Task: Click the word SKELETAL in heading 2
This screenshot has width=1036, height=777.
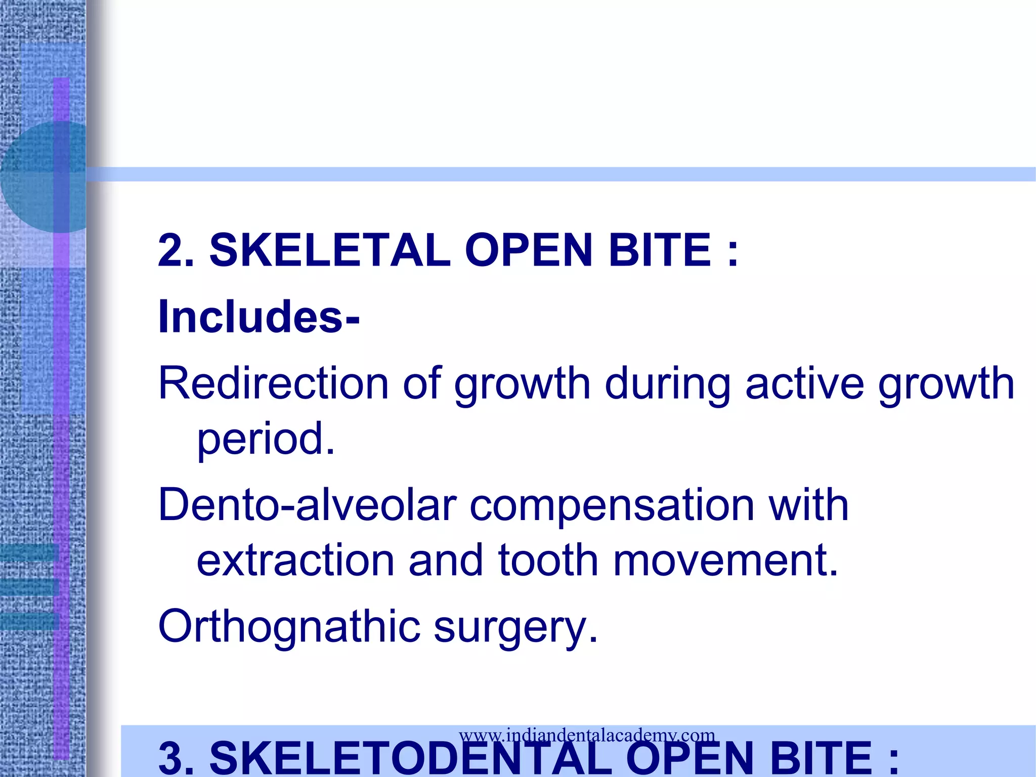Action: (330, 250)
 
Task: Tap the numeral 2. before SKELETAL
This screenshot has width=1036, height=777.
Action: (176, 250)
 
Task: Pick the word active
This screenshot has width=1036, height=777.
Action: (804, 383)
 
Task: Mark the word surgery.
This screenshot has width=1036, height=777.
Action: (516, 626)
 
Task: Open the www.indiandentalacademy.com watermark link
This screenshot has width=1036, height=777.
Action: (587, 735)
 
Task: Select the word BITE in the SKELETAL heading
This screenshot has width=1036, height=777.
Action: (661, 250)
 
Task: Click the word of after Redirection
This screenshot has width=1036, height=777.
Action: (422, 383)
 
